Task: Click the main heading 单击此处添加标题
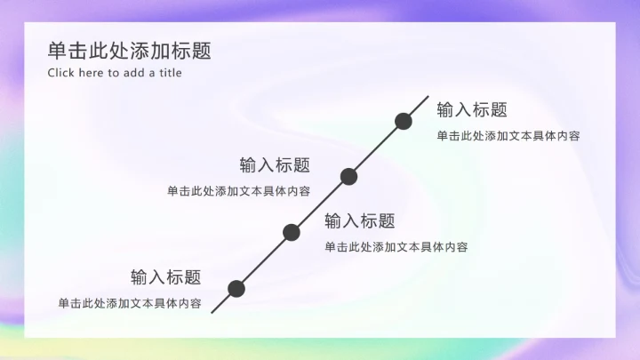tap(130, 51)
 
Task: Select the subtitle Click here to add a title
tap(115, 73)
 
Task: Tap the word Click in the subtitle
tap(60, 73)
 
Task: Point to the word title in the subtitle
tap(170, 73)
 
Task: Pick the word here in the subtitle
tap(92, 73)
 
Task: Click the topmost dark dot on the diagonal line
tap(404, 121)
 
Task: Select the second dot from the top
tap(349, 176)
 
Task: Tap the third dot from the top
tap(292, 233)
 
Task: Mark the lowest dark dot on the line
tap(236, 288)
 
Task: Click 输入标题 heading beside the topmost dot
tap(472, 110)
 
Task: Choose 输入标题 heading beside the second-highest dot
tap(275, 165)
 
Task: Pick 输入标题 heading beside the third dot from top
tap(360, 221)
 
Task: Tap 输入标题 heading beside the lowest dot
tap(166, 277)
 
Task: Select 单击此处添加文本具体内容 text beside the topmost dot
tap(508, 136)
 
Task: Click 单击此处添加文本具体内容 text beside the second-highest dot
tap(238, 191)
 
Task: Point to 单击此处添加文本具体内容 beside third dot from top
tap(396, 247)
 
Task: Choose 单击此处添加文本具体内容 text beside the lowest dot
tap(130, 303)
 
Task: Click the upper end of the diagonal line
tap(428, 97)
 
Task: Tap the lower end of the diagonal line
tap(212, 312)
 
